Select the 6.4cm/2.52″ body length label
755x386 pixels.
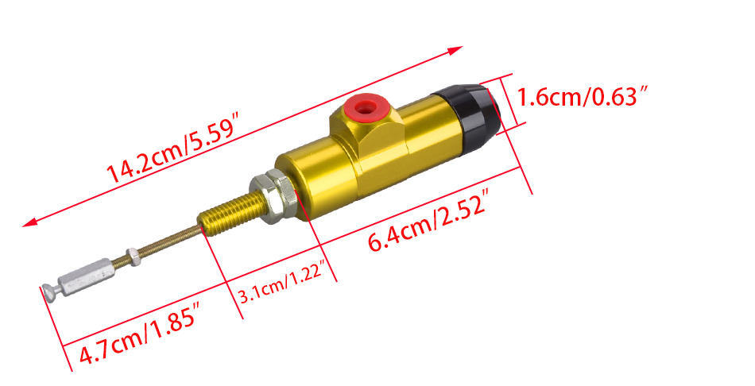tap(429, 220)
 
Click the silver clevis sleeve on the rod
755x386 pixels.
tap(87, 277)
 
